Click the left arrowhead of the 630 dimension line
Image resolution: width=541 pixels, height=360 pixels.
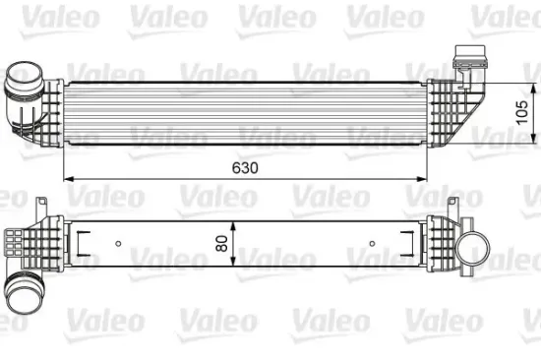(67, 180)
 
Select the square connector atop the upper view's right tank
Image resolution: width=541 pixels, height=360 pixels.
(464, 60)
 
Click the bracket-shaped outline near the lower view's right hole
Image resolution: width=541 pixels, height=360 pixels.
(405, 240)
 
